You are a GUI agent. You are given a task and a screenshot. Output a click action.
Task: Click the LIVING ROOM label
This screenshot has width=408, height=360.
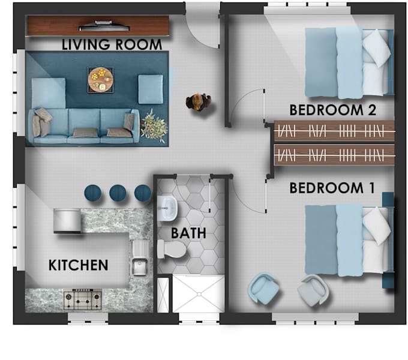[x=112, y=44]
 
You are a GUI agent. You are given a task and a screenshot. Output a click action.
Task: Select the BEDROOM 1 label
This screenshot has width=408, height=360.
[x=332, y=188]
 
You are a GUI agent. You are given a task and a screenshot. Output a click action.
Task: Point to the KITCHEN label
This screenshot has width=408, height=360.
[x=78, y=265]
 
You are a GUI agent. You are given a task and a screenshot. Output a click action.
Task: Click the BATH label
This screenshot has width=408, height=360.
[x=188, y=232]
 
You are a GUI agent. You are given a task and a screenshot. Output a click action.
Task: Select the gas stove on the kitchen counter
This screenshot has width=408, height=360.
[x=83, y=297]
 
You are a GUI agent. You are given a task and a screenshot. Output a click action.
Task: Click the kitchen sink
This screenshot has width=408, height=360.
[x=139, y=265]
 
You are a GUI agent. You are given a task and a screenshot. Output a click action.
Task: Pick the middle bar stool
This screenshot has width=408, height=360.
[x=118, y=193]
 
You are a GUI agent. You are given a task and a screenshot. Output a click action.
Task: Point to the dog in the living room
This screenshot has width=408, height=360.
[x=198, y=102]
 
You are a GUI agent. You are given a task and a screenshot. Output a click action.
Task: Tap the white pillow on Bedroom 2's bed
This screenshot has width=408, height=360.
[x=377, y=47]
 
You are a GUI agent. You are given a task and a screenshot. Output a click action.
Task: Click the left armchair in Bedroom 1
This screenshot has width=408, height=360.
[x=263, y=289]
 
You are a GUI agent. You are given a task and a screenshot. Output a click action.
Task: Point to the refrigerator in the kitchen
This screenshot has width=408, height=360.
[x=67, y=220]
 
